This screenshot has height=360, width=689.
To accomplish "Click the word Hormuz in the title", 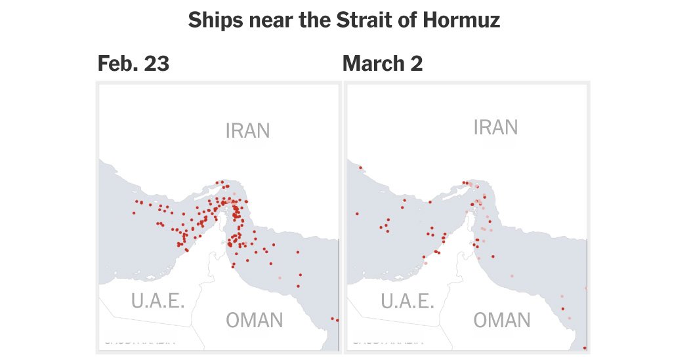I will (465, 20).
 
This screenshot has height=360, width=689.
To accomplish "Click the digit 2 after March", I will (417, 64).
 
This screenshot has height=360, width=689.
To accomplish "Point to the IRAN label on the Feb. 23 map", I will (247, 130).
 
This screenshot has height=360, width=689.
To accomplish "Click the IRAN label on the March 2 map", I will (495, 127).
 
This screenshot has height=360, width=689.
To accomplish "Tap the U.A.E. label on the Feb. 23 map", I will (157, 301).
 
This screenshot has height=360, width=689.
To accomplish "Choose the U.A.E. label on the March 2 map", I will (407, 301).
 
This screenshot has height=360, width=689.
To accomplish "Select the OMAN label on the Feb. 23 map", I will (255, 321).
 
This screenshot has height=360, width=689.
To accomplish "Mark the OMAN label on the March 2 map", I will (502, 320).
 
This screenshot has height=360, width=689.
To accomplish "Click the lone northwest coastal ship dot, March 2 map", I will (360, 168).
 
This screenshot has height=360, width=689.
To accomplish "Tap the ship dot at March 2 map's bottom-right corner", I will (584, 348).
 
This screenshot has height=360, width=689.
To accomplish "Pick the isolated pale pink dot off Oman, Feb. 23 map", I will (280, 277).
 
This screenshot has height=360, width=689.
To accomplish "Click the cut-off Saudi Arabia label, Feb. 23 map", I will (139, 340).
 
